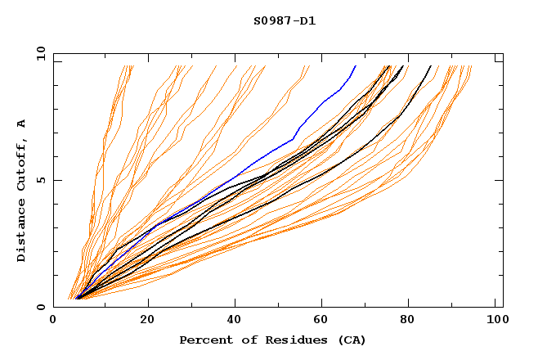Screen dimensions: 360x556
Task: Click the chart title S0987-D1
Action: click(285, 20)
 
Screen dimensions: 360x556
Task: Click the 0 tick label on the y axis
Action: click(41, 308)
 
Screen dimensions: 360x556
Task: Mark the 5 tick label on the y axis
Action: click(41, 180)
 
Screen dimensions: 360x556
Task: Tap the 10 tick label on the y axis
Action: click(38, 53)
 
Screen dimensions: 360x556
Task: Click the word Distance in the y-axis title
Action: click(21, 230)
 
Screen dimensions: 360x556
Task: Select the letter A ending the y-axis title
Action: click(21, 123)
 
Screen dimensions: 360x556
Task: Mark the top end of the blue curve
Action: click(355, 66)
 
